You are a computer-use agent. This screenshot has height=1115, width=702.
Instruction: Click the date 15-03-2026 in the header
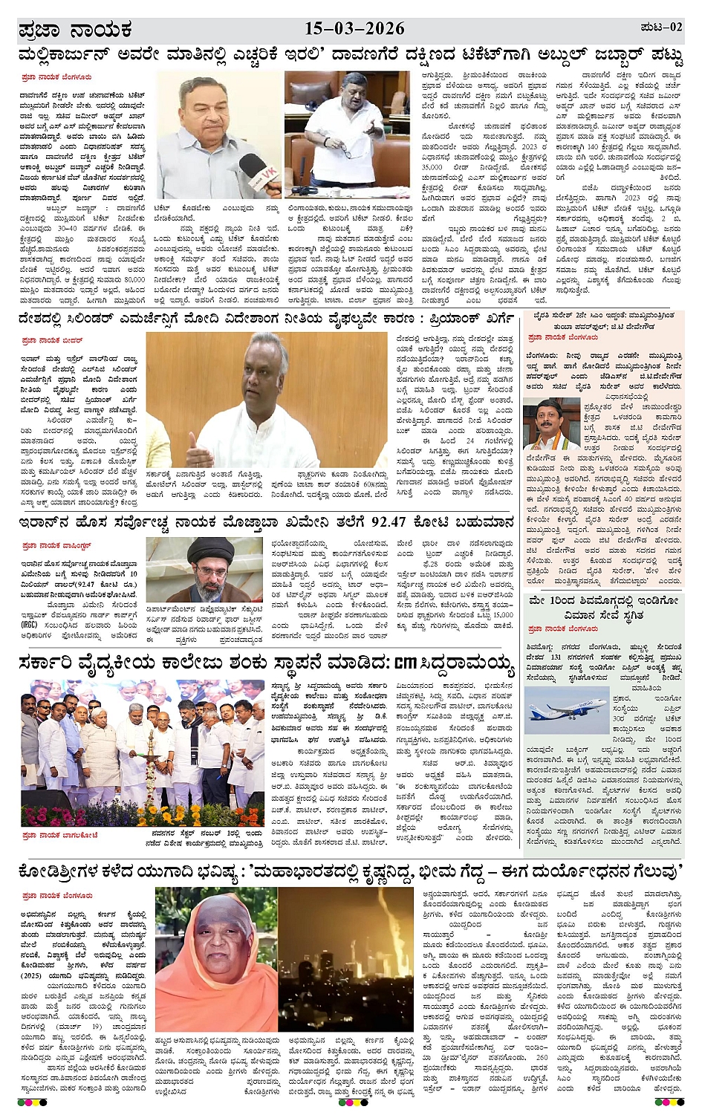coord(354,29)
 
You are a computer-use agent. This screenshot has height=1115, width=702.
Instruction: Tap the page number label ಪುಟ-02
coord(660,27)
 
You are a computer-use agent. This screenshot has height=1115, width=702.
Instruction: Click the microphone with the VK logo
coord(259,178)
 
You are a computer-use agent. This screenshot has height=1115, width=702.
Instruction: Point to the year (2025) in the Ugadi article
coord(31,975)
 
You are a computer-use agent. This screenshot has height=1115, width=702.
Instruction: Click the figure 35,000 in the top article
coord(432,168)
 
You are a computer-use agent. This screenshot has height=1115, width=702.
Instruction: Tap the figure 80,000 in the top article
coord(134,280)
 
